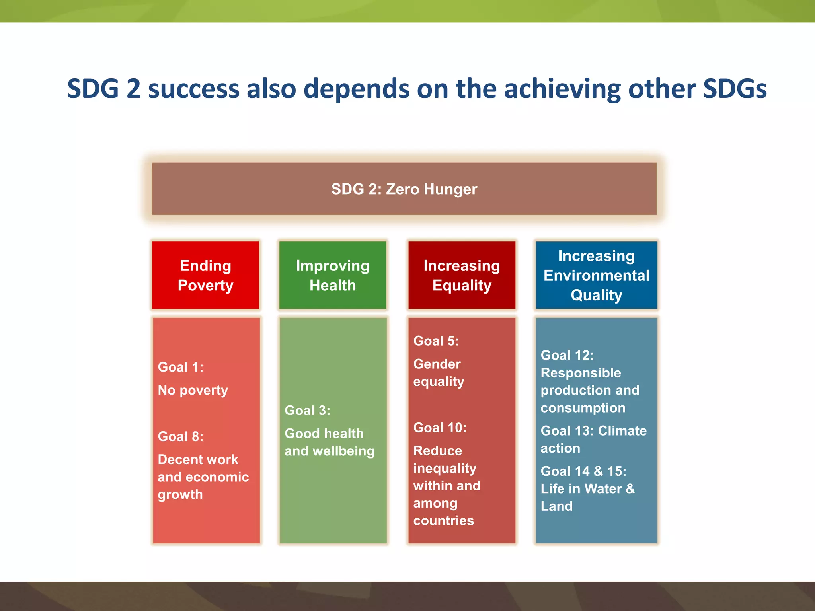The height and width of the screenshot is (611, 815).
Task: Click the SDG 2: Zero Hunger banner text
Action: coord(404,189)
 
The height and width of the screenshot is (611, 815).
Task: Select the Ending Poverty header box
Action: coord(205,275)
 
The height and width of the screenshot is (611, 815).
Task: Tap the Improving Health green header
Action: coord(333,275)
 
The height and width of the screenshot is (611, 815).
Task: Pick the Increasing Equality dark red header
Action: coord(462,275)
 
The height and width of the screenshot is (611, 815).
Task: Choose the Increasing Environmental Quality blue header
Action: coord(596,275)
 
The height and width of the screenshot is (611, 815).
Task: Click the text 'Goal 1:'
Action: coord(181,367)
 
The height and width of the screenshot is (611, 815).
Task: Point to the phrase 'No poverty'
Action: coord(193,390)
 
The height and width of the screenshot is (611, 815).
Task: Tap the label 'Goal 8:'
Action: coord(181,436)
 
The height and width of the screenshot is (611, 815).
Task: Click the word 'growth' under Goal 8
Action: coord(180,494)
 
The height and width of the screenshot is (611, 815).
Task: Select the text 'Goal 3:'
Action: coord(307,411)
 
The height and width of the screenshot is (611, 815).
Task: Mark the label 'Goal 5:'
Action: coord(436,341)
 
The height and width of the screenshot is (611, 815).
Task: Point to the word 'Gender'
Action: coord(437,364)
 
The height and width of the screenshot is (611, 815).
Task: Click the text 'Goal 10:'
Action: coord(440,428)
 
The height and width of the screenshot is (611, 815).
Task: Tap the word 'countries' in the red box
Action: coord(444,520)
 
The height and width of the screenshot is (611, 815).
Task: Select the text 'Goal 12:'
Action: coord(567,355)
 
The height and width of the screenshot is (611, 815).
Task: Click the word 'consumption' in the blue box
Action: coord(583,408)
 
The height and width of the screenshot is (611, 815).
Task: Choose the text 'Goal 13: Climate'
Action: coord(593,431)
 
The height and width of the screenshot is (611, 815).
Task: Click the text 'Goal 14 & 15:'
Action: coord(583,471)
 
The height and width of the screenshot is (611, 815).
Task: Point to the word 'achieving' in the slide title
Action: coord(562,89)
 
